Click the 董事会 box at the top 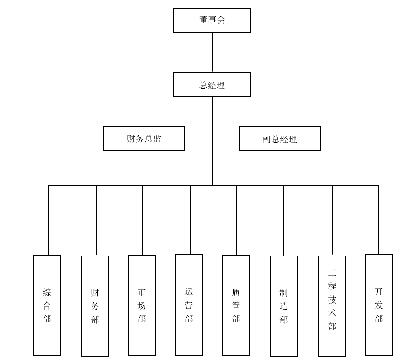(x=212, y=20)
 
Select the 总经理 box (x=212, y=85)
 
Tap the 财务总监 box (x=144, y=138)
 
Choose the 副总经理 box (x=279, y=139)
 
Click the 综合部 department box (x=47, y=305)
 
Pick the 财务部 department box (x=95, y=306)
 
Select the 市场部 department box (x=141, y=305)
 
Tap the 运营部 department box (x=189, y=305)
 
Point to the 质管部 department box (x=236, y=305)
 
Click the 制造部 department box (x=283, y=306)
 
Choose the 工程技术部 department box (x=332, y=306)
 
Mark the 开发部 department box (x=379, y=305)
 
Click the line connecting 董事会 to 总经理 (x=212, y=52)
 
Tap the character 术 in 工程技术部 (x=332, y=313)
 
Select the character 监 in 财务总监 (x=158, y=139)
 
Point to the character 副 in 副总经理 (x=267, y=139)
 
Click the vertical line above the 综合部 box (x=48, y=220)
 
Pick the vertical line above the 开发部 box (x=378, y=220)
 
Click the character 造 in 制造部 (x=283, y=306)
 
